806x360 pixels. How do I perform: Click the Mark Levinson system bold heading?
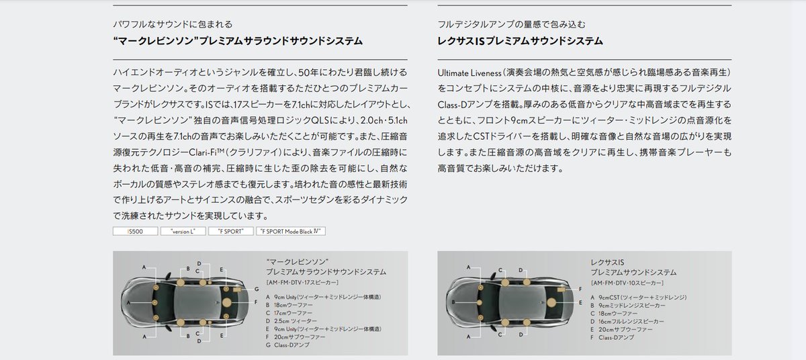(x=238, y=42)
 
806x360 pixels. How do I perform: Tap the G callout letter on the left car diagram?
(x=256, y=287)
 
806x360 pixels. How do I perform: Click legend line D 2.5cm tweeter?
(x=292, y=321)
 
